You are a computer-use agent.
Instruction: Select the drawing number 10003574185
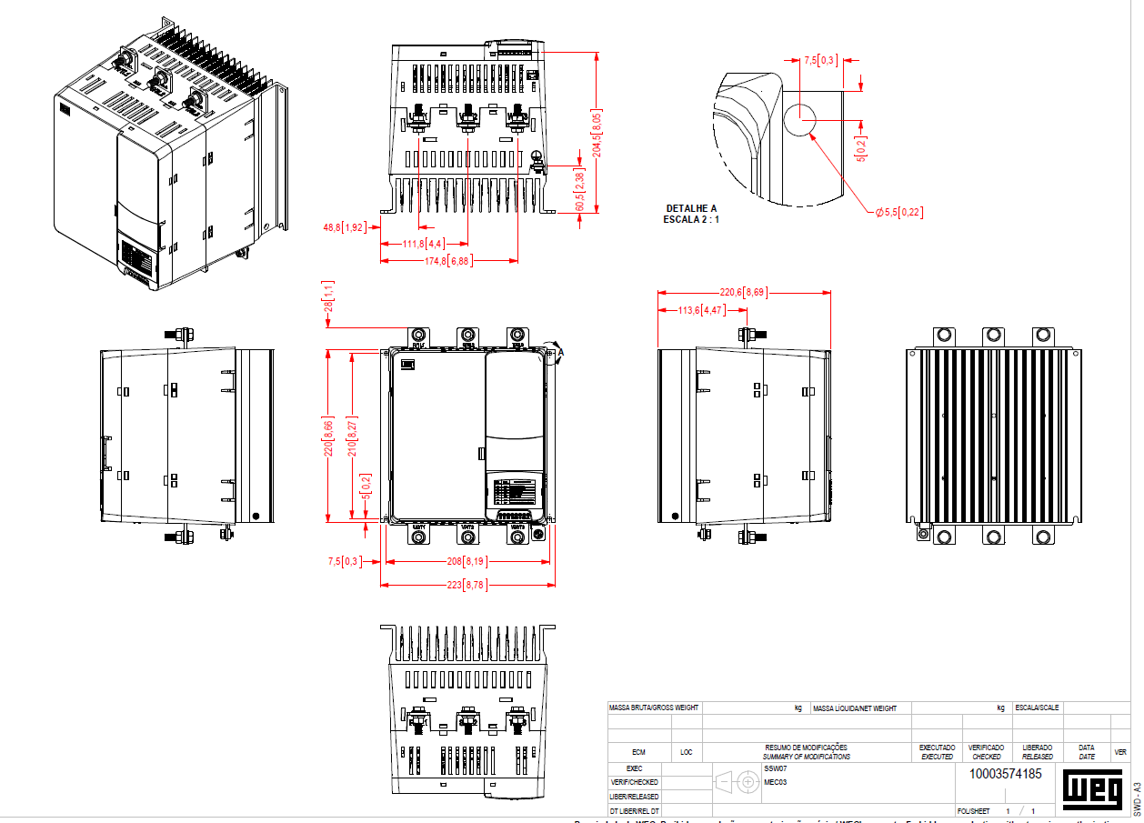point(1006,774)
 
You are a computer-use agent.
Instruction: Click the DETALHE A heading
point(692,208)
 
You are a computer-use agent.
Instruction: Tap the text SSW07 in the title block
point(775,768)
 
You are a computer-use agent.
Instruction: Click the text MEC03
point(775,782)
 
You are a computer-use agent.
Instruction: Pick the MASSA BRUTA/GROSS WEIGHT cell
point(654,708)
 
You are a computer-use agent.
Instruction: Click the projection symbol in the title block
point(738,781)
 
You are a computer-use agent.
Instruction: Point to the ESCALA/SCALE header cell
point(1037,708)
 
